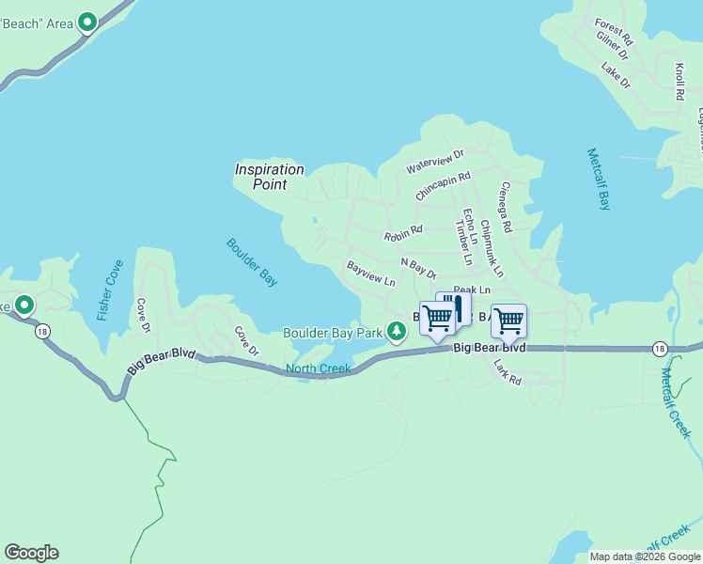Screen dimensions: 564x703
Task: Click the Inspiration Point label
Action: click(x=269, y=177)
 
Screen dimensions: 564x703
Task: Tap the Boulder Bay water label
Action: click(x=253, y=261)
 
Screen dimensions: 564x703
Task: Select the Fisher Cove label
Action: click(x=109, y=290)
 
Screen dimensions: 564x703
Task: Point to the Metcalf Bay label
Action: click(x=599, y=179)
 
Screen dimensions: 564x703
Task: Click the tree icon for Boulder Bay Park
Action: click(x=397, y=331)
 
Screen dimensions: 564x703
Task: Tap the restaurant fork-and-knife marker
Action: click(x=454, y=307)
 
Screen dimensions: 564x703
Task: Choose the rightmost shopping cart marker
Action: click(x=508, y=321)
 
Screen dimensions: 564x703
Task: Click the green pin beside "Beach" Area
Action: click(x=87, y=22)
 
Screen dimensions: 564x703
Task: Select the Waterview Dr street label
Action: click(x=435, y=161)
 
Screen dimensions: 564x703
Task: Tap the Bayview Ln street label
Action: click(x=371, y=274)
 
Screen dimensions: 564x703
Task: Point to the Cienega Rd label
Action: click(x=506, y=207)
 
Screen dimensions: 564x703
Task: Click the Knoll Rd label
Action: click(x=679, y=82)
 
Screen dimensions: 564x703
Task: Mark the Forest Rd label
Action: click(x=614, y=31)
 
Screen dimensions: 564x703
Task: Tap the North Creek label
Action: click(x=318, y=368)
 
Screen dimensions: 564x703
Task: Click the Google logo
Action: click(x=31, y=553)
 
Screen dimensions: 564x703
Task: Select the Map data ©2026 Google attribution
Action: click(x=645, y=556)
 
